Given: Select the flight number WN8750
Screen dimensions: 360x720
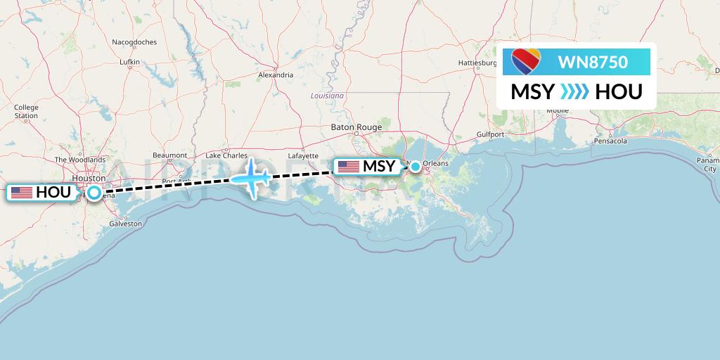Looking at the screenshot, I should (x=593, y=63).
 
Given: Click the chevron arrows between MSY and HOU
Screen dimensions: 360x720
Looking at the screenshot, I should (x=575, y=92).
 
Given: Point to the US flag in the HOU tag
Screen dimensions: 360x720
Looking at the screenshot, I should (x=22, y=192).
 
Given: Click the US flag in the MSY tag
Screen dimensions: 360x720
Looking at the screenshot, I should (x=348, y=167).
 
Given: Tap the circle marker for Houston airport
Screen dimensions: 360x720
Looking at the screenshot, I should (x=94, y=192).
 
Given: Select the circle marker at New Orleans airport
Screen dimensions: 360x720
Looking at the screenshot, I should (x=416, y=167).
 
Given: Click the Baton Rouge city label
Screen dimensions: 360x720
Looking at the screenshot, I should (x=356, y=127).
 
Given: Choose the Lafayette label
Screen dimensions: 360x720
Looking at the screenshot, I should (x=303, y=155).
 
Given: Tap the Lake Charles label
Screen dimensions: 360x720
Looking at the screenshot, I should (x=226, y=155).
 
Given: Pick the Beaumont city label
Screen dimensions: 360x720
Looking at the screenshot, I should (x=169, y=155).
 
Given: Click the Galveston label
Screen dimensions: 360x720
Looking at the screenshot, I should (x=125, y=224).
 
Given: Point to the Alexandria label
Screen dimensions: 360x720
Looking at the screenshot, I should (x=276, y=75).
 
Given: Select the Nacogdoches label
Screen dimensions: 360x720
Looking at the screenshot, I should (x=134, y=42).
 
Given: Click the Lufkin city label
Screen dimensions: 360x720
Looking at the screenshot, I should (x=130, y=63).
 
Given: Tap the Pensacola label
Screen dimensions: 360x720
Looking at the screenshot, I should (x=610, y=141).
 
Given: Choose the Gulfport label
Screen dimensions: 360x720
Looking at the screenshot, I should (x=490, y=134).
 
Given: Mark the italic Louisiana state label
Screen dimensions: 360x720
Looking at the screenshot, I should (x=328, y=95).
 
